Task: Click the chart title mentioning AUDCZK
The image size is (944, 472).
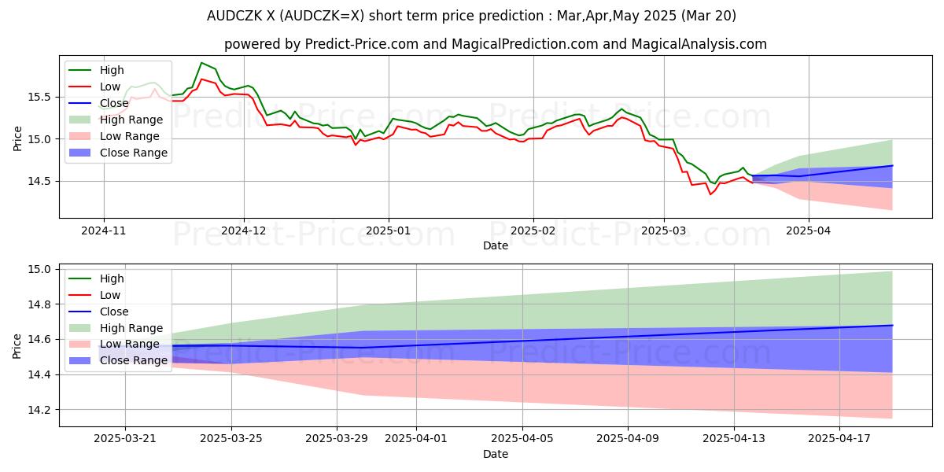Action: point(471,16)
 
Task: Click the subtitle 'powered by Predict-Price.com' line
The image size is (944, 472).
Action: point(471,44)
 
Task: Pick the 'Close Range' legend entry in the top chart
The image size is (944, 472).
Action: point(134,153)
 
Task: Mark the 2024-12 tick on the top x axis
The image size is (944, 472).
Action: point(244,231)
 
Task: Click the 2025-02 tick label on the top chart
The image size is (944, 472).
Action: point(533,231)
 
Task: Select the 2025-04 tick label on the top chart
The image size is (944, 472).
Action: point(808,231)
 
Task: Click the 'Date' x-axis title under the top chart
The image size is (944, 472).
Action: point(496,246)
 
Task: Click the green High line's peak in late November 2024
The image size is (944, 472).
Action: point(201,63)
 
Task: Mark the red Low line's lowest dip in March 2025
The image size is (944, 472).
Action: point(710,194)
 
